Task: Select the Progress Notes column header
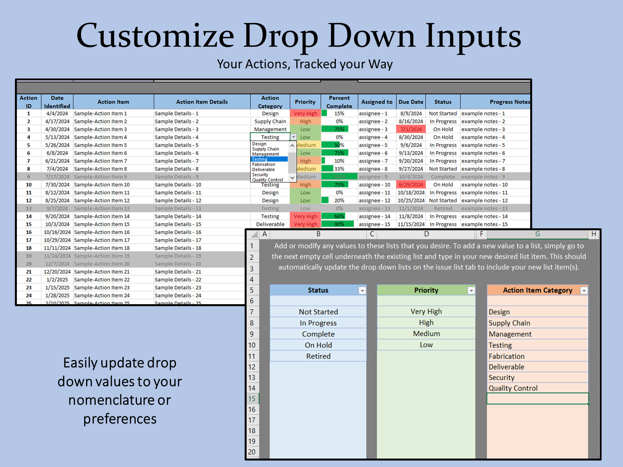point(509,102)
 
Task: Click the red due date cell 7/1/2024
point(411,129)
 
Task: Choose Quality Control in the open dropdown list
point(267,180)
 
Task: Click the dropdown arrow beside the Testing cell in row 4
point(293,137)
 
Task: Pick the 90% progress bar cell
point(339,224)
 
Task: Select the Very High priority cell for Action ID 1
point(305,114)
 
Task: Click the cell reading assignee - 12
point(374,200)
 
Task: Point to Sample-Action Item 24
point(102,295)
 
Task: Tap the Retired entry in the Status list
point(318,356)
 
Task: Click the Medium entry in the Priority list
point(426,334)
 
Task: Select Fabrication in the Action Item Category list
point(507,356)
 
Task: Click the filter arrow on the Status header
point(362,291)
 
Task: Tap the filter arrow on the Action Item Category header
point(584,291)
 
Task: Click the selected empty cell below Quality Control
point(537,399)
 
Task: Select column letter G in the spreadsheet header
point(537,234)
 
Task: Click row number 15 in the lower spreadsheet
point(252,399)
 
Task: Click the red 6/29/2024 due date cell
point(411,185)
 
